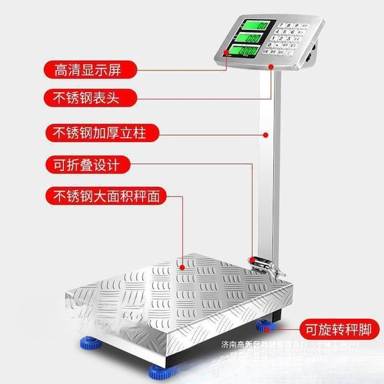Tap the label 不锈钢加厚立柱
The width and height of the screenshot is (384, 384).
[96, 134]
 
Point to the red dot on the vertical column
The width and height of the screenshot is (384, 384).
[265, 134]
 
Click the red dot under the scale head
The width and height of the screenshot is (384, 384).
[271, 65]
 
